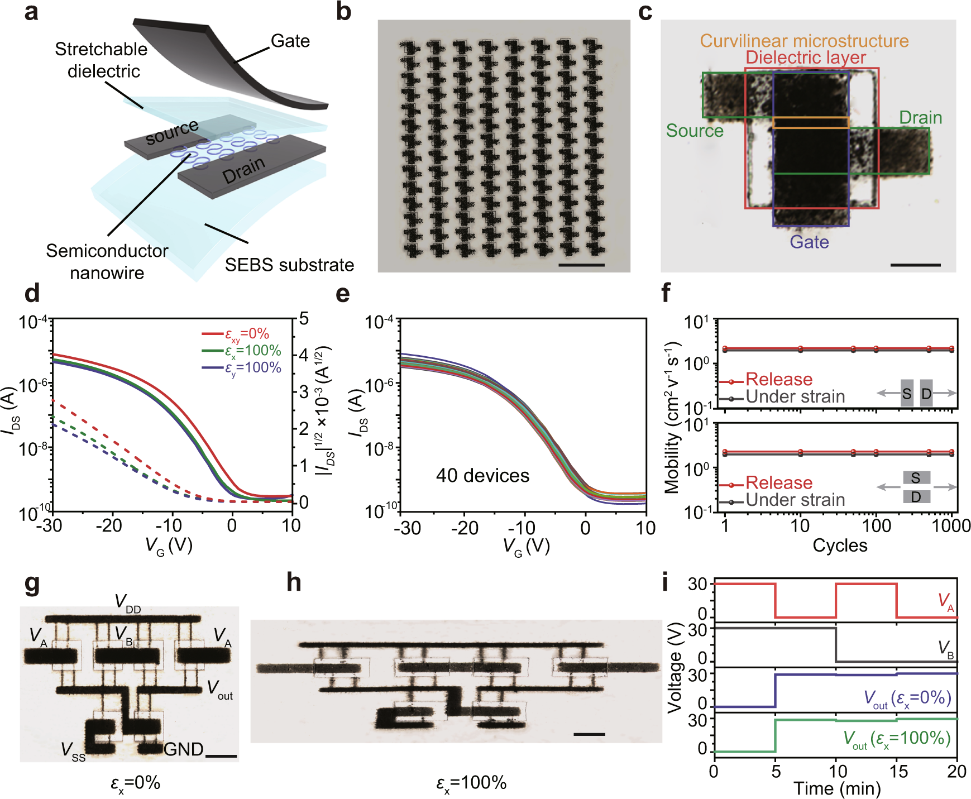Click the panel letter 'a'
(x=31, y=12)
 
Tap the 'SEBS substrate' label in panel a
(x=289, y=265)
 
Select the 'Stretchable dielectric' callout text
(x=102, y=60)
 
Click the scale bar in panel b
(x=581, y=265)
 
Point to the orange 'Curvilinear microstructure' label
(x=804, y=41)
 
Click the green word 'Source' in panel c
(x=695, y=131)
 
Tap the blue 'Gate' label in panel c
(x=809, y=242)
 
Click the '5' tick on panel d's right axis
(x=304, y=319)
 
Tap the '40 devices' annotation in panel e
(x=482, y=476)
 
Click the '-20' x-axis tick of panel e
(x=465, y=528)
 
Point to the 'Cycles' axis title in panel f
(x=840, y=546)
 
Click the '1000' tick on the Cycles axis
(x=951, y=525)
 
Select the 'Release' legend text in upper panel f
(x=779, y=380)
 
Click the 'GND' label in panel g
(x=183, y=749)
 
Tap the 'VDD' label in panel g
(x=127, y=603)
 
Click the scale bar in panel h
(x=589, y=734)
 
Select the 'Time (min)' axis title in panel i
(x=837, y=788)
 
